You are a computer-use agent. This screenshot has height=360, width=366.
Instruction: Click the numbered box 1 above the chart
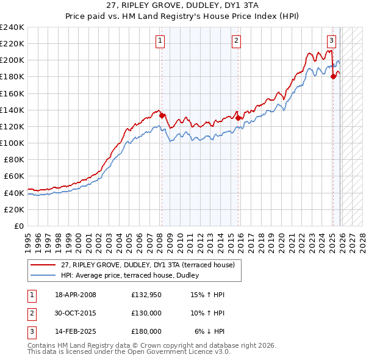click(x=160, y=41)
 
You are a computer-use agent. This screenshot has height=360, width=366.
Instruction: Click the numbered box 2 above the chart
click(x=236, y=41)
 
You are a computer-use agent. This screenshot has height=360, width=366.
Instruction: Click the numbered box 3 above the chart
click(x=331, y=41)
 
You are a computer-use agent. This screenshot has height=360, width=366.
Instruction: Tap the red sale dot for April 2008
click(x=162, y=115)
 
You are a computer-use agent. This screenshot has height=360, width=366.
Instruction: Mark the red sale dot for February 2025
click(x=333, y=76)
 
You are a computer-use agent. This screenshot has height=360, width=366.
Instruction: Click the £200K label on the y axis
click(x=12, y=60)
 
